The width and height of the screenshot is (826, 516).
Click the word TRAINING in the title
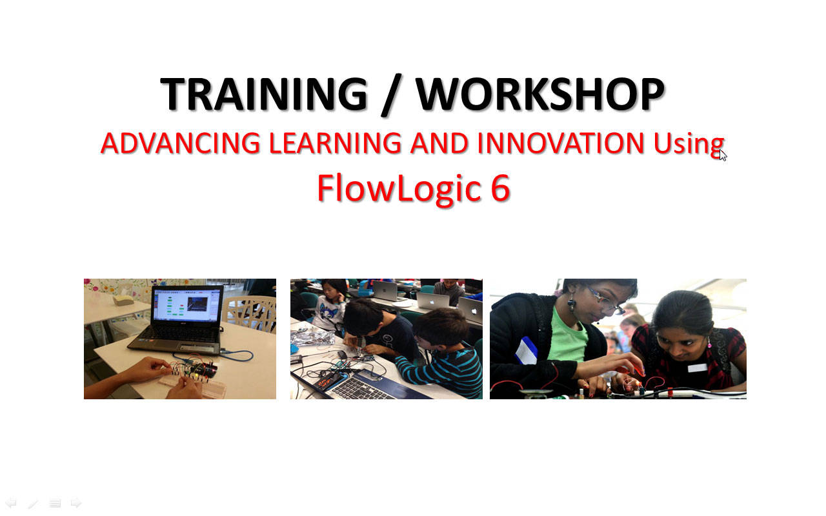(x=264, y=94)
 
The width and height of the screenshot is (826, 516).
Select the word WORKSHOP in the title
(x=540, y=94)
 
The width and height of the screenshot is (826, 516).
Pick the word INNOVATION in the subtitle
(x=561, y=143)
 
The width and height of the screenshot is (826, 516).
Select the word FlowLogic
(x=399, y=189)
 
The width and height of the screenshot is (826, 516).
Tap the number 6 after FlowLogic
(x=500, y=188)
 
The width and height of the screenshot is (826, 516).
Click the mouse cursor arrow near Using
(x=722, y=155)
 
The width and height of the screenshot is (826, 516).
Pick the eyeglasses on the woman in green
(x=605, y=301)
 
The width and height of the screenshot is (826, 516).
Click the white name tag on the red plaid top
(x=698, y=368)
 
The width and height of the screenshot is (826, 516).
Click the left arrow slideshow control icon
(x=11, y=502)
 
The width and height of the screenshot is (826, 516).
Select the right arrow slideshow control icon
(x=76, y=502)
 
